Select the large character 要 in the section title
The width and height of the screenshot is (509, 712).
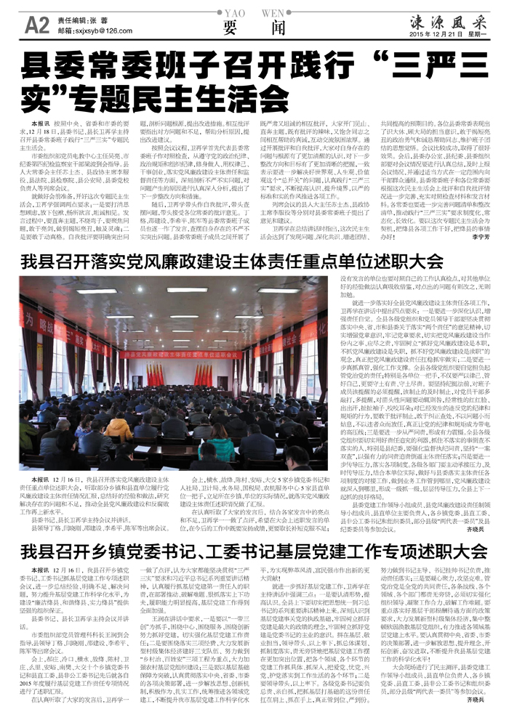pos(231,25)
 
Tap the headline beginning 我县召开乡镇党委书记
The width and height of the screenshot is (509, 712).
pos(247,529)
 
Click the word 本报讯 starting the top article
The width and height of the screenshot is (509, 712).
pos(41,125)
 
